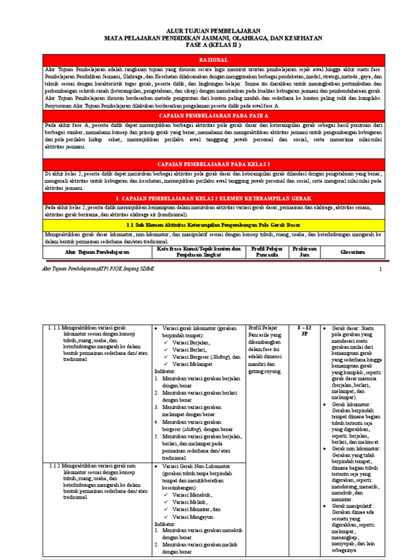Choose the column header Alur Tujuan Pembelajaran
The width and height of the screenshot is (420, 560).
point(97,251)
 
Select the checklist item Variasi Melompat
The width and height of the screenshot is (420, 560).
point(191,364)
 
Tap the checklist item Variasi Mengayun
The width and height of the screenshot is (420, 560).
point(192,516)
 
